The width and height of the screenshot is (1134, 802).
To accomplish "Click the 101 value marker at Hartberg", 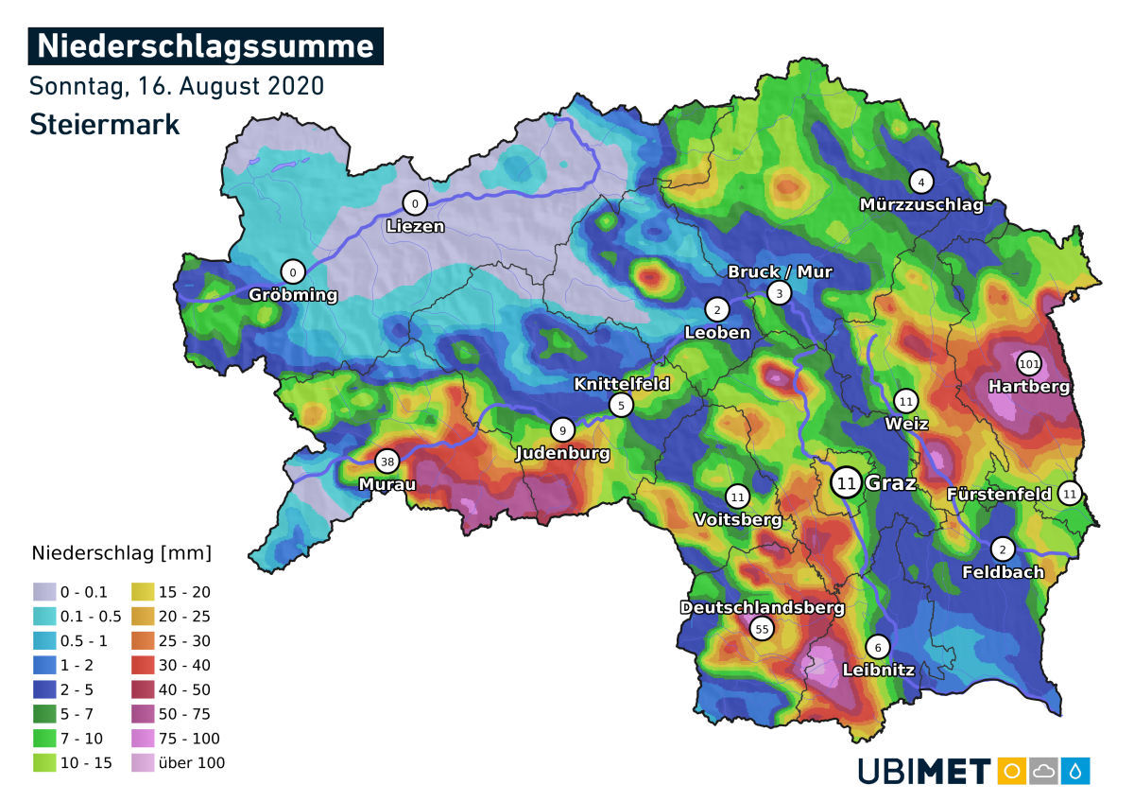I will click(x=1029, y=364).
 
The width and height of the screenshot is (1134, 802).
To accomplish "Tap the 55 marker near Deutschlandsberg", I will click(x=761, y=628).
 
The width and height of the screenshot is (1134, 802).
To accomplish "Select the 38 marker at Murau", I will click(x=387, y=462).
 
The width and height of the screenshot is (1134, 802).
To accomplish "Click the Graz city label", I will click(x=890, y=483).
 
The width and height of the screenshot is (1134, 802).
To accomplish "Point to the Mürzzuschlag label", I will click(x=921, y=204).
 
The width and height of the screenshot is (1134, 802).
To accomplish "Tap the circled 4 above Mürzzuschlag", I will click(x=921, y=182).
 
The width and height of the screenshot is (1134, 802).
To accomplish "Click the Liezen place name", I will click(x=415, y=226).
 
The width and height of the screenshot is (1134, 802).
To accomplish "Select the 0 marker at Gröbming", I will click(x=293, y=272).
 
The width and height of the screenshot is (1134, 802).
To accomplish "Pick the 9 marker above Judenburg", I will click(x=562, y=430).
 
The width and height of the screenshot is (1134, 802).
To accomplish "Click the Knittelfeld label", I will click(x=622, y=384).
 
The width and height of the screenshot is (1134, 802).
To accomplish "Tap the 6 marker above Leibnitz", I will click(x=878, y=647).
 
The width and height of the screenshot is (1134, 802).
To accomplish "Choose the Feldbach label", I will click(x=1003, y=571).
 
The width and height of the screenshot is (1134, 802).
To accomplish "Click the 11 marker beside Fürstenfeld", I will click(x=1070, y=493).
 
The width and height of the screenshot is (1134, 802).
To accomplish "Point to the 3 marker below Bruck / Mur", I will click(x=779, y=293).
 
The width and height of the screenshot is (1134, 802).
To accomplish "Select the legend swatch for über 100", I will click(x=144, y=762).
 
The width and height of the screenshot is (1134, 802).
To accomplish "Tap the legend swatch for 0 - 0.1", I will click(x=45, y=592).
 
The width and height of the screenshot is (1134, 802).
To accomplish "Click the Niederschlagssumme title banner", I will click(x=206, y=45).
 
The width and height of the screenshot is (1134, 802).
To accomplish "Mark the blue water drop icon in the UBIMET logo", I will click(x=1074, y=770).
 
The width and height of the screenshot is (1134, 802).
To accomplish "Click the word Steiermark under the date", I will click(x=104, y=124).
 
